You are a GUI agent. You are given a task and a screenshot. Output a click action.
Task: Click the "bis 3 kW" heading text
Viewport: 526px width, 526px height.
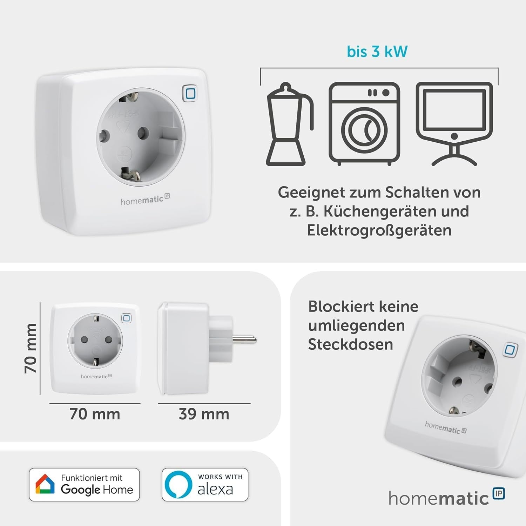point(377,52)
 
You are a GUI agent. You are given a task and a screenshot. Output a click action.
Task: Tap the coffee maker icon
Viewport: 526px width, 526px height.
point(290,124)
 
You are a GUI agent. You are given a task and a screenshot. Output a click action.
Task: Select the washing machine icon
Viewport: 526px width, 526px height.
point(364,124)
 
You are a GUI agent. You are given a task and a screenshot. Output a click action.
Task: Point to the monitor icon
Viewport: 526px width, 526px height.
point(454,124)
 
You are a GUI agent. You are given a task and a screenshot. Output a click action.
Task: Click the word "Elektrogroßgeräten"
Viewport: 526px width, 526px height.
point(379,231)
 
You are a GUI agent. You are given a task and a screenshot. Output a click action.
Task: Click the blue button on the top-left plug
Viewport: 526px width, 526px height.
point(190,94)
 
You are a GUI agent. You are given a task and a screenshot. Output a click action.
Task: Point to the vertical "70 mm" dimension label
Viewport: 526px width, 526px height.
point(31,348)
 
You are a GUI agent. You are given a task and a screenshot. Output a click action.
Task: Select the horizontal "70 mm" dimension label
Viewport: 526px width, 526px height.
point(95,414)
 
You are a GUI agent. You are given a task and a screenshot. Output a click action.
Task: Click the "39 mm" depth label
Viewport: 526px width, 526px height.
point(204,414)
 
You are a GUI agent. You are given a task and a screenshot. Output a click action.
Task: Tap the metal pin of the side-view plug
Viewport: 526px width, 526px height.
point(244,339)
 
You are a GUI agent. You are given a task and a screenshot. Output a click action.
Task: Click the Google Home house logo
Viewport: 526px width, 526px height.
point(45,484)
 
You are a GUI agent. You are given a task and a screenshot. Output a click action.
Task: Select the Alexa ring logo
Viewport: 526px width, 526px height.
point(178,485)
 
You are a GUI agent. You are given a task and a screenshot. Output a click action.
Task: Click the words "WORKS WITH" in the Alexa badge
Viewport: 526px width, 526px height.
point(220,477)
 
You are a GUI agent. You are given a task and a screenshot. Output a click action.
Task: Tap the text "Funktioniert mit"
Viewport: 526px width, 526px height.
point(92,478)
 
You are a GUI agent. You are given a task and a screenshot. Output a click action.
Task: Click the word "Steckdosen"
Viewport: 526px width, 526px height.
point(350,345)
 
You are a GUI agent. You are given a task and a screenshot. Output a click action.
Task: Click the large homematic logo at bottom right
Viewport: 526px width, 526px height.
point(446,497)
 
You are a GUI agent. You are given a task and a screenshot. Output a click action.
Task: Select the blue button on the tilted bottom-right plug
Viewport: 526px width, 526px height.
point(510,350)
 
